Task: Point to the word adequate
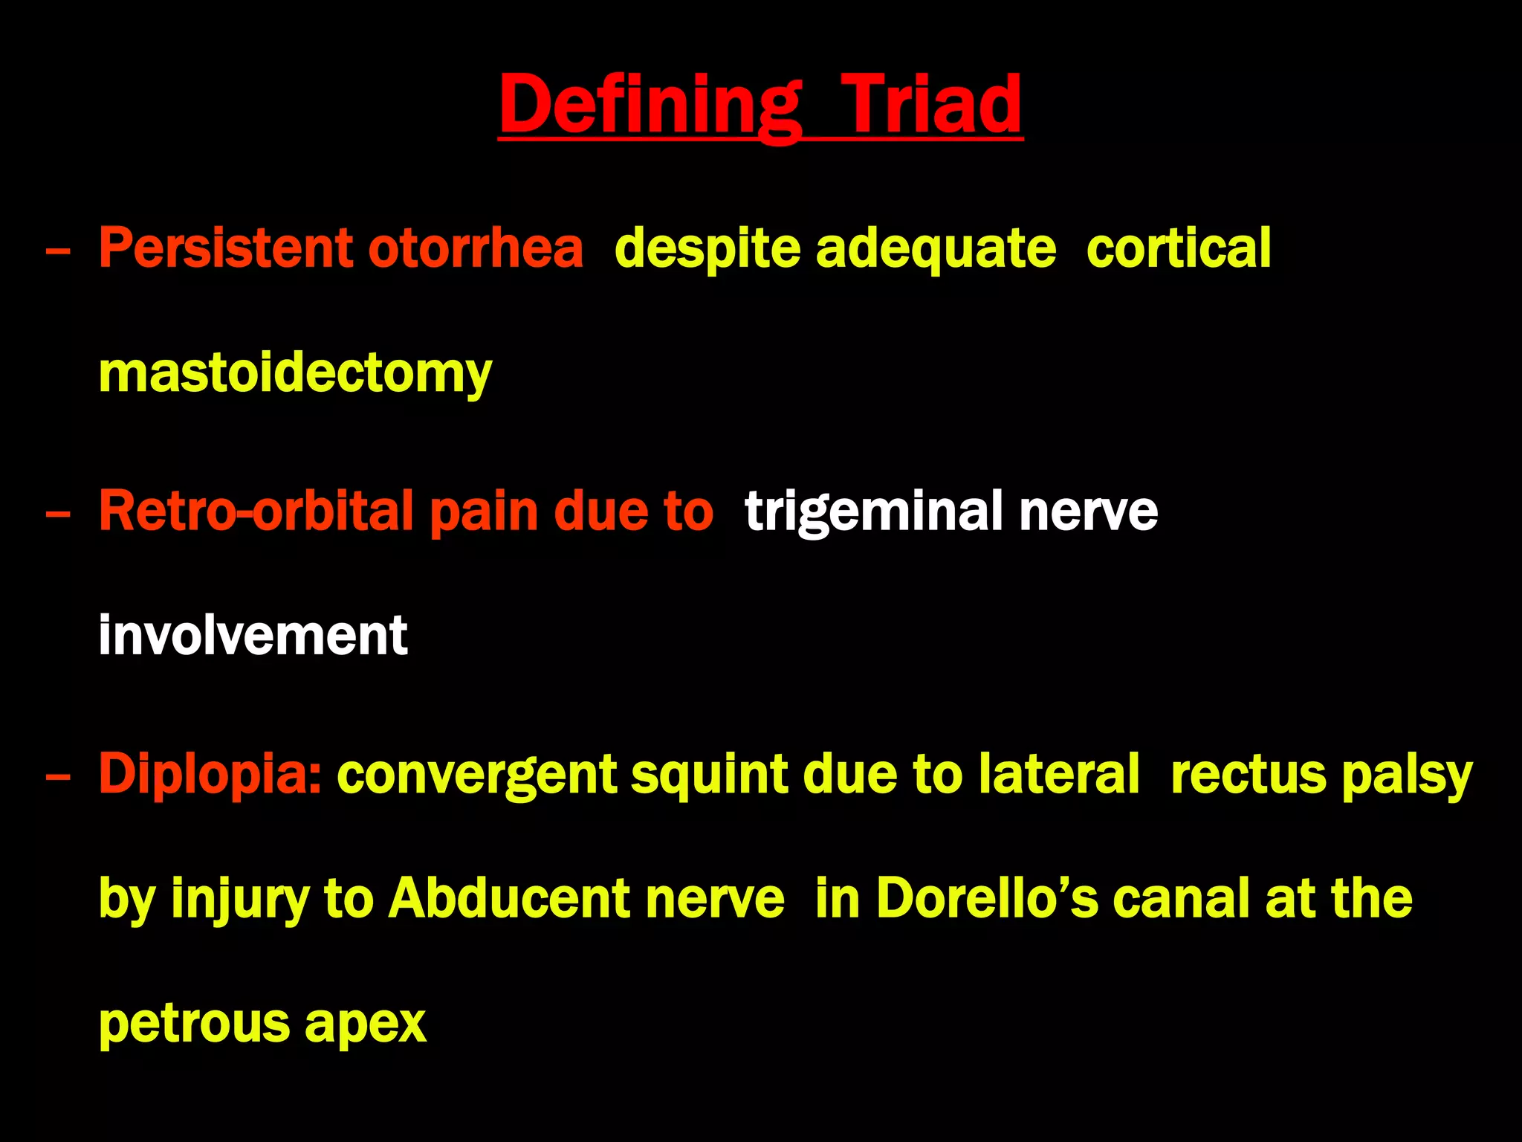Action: pos(936,249)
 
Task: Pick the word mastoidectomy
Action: pos(295,373)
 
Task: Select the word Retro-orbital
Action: pos(256,511)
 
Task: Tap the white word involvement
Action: pos(253,636)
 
